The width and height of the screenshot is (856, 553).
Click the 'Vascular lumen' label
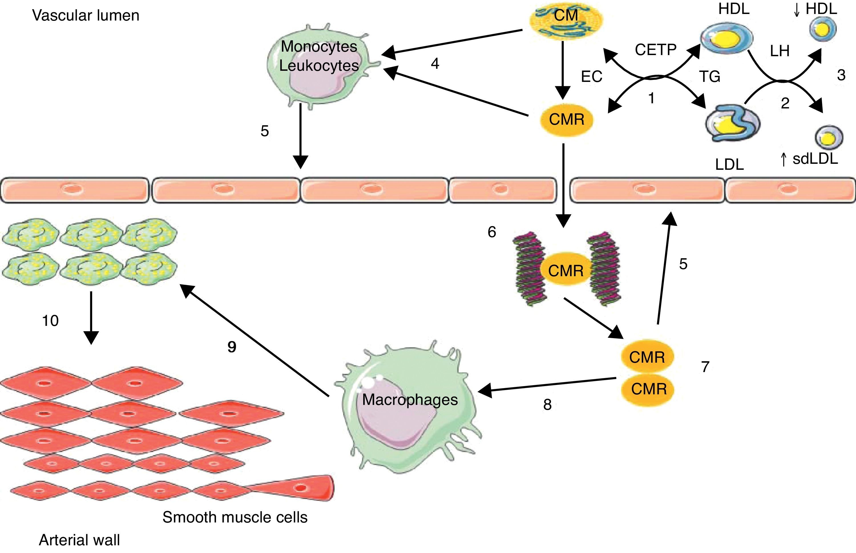[x=85, y=15]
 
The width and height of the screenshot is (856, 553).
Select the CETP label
[x=655, y=50]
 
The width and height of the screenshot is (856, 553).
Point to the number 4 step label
[x=435, y=64]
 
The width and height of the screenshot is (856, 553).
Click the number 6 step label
[x=492, y=232]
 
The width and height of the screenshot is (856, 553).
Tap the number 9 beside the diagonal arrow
[x=232, y=346]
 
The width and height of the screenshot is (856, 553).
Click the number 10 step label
[x=50, y=320]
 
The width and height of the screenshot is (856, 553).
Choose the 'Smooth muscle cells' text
[x=235, y=517]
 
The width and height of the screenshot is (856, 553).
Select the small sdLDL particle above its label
[x=828, y=138]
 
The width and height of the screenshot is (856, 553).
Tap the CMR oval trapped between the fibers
[x=566, y=271]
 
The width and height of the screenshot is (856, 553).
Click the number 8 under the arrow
[x=547, y=405]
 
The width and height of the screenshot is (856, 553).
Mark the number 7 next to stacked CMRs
[x=705, y=367]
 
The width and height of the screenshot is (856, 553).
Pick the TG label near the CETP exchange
[x=710, y=76]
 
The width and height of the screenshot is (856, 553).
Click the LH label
[x=780, y=51]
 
